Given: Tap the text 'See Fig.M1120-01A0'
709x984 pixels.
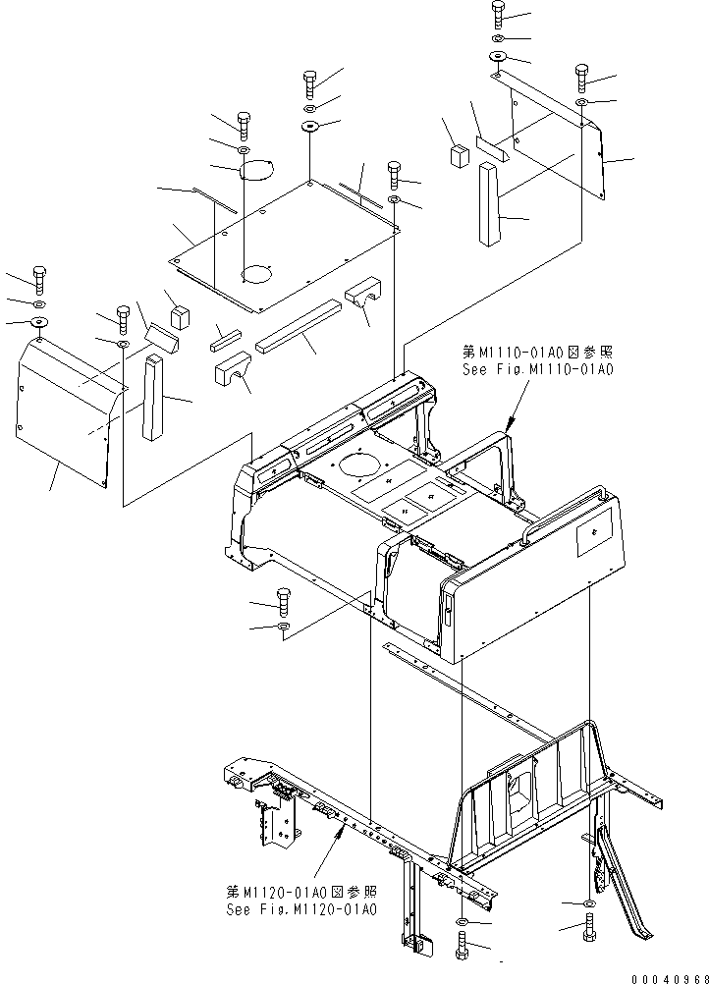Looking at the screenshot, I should tap(300, 909).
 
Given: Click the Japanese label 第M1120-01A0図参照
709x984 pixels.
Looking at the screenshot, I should tap(300, 892).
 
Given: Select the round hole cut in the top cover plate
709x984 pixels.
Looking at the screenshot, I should tap(259, 272).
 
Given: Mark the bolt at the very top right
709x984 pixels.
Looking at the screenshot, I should tap(498, 14).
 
